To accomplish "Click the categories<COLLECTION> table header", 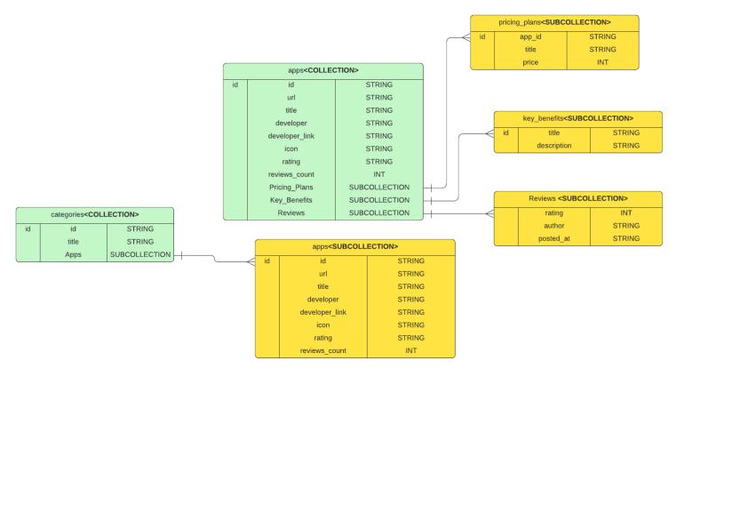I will point(94,214).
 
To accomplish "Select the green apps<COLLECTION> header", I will point(322,70).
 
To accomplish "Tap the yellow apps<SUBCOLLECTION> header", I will point(354,246).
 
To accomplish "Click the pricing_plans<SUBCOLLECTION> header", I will point(554,22).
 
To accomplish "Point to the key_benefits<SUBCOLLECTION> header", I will point(577,118).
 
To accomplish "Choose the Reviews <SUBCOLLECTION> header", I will point(577,198).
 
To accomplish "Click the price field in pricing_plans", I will point(530,62).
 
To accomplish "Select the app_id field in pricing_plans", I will point(530,36).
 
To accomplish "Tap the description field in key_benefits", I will point(553,146).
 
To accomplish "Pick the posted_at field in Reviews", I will point(553,238).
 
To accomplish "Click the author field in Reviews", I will point(553,226).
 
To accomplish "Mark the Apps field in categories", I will point(73,254).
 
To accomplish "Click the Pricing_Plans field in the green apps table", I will point(290,188).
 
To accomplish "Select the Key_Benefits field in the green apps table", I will point(290,200).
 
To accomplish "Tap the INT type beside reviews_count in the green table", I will point(378,174).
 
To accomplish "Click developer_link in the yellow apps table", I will point(322,312).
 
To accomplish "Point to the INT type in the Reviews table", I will point(625,212).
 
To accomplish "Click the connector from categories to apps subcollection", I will point(213,257).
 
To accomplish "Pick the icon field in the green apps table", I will point(290,148).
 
